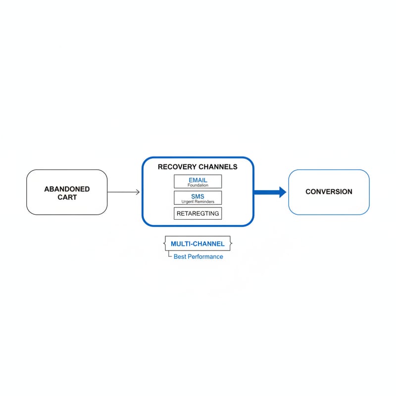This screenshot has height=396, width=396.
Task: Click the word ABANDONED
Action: coord(67,189)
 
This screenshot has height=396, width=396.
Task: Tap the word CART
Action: coord(67,197)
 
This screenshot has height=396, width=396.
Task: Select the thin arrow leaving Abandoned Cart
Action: coord(123,192)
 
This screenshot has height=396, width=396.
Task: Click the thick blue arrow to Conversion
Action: coord(270,192)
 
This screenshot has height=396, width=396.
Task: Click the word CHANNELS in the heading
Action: coord(218,167)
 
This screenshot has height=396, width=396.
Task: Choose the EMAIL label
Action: coord(198,180)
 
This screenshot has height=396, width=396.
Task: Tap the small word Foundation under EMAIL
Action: coord(198,185)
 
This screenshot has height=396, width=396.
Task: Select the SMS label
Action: coord(198,196)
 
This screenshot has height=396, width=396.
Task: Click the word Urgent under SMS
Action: coord(187,201)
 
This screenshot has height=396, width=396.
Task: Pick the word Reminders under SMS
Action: coord(203,201)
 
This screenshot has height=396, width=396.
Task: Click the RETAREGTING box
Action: coord(198,213)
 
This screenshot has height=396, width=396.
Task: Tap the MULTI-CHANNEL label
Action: coord(198,244)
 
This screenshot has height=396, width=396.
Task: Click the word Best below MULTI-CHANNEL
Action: coord(180,256)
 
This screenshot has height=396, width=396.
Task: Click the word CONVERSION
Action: coord(329,192)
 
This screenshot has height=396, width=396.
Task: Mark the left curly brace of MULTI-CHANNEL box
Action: coord(164,244)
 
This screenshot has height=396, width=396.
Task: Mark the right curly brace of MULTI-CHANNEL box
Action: coord(231,244)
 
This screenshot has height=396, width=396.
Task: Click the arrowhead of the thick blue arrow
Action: coord(283,192)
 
